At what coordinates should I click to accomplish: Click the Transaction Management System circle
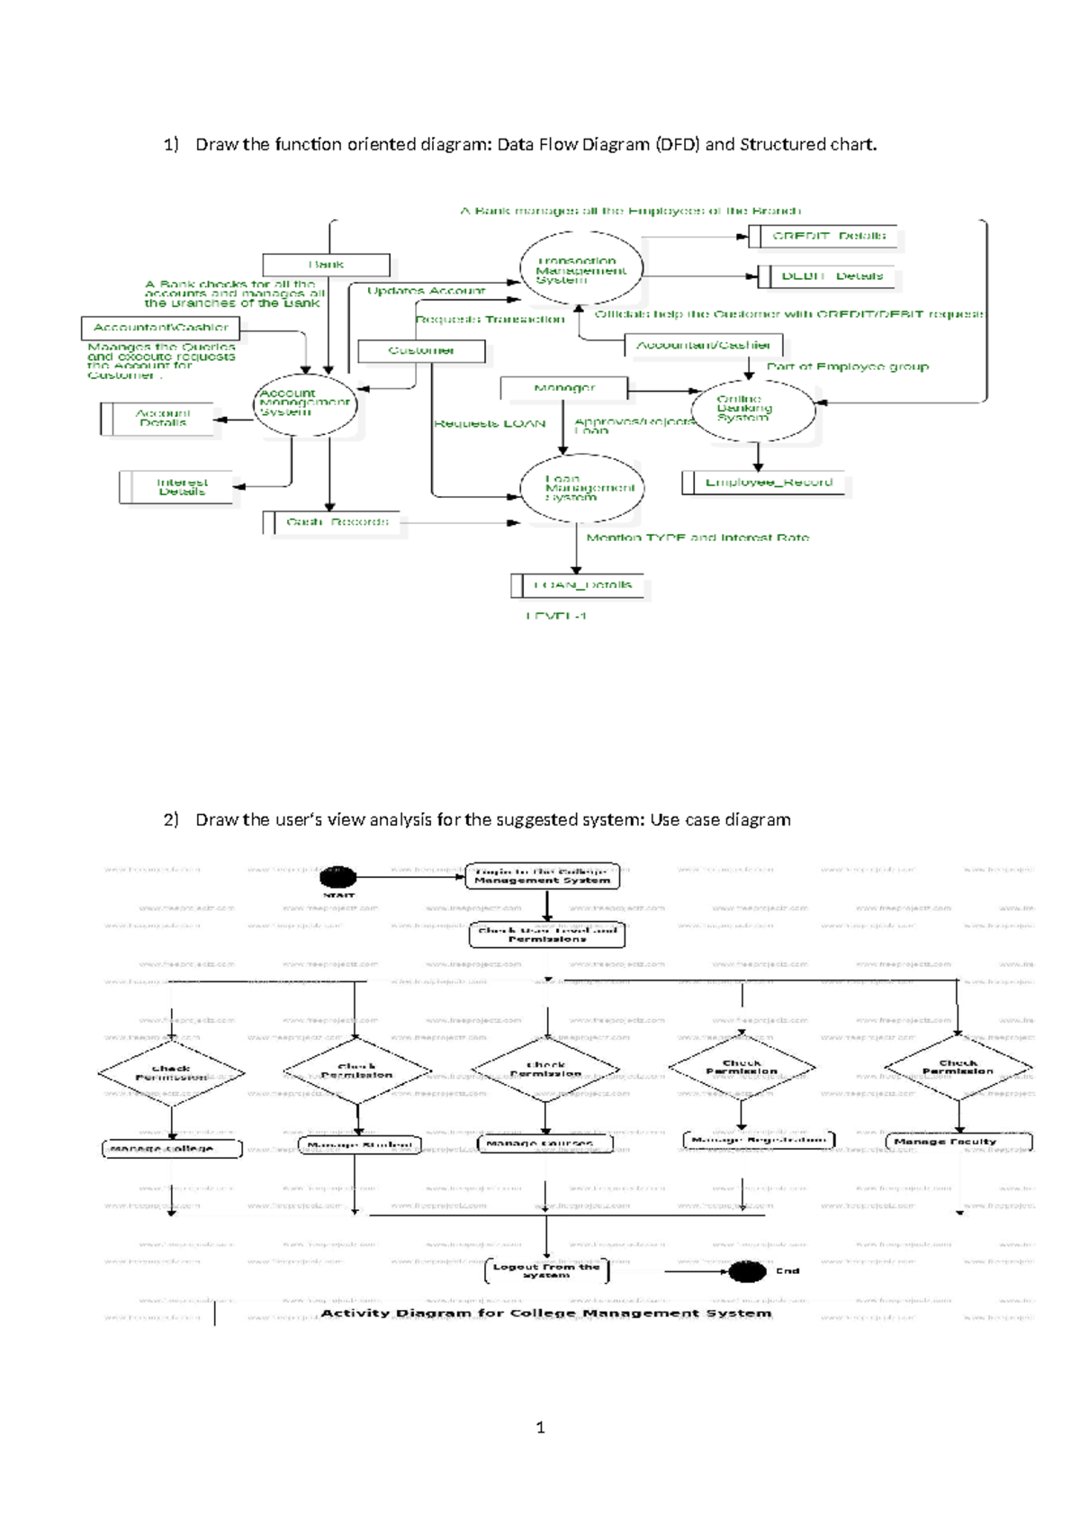click(581, 269)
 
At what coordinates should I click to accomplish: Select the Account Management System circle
click(305, 404)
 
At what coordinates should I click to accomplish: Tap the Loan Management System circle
click(581, 489)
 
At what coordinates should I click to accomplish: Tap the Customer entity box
click(421, 350)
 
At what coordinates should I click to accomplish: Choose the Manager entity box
click(564, 388)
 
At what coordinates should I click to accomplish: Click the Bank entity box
click(326, 265)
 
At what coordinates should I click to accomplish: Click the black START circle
click(338, 876)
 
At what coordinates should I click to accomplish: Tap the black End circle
click(746, 1271)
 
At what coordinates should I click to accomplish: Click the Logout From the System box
click(546, 1270)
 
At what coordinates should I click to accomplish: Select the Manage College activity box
click(171, 1149)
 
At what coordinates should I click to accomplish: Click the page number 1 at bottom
click(540, 1427)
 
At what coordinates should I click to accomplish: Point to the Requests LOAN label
click(490, 423)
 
